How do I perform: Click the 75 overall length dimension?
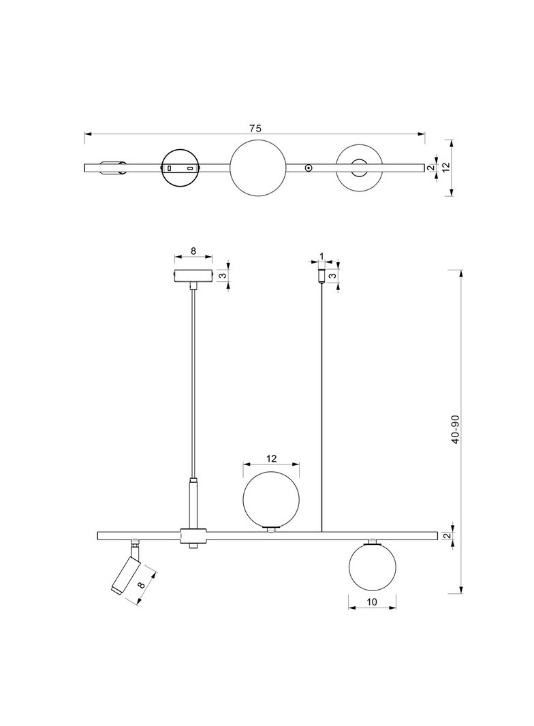255,128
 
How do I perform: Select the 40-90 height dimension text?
455,430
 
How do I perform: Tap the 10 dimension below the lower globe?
372,602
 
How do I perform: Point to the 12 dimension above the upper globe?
271,460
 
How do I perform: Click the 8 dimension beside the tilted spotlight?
142,584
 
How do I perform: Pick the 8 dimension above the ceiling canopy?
193,251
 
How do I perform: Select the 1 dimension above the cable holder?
321,257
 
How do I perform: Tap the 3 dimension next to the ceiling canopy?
221,275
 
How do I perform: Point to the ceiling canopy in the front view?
193,276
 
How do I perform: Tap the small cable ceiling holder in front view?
321,276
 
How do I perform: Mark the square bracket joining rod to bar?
193,536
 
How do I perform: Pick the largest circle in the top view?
258,168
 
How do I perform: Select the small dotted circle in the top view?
309,168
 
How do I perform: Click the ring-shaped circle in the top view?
360,168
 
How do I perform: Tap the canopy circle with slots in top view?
180,168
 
